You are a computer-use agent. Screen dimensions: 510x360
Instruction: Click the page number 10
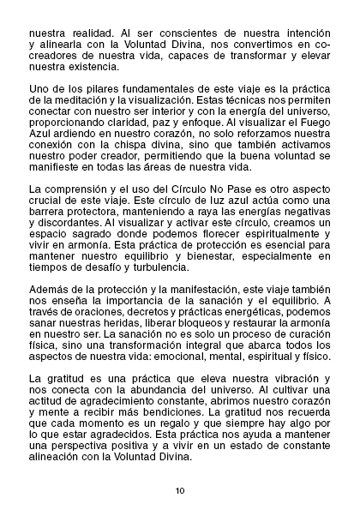tap(180, 490)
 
